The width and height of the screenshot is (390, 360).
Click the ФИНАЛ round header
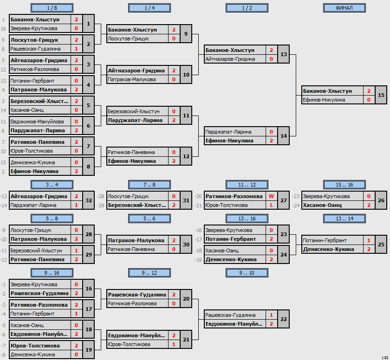coord(344,8)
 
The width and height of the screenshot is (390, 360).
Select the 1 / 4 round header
coord(149,8)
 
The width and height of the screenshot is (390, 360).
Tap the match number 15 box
coord(381,95)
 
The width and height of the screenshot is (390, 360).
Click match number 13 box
coord(284,54)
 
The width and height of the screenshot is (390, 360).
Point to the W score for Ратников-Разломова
coord(271,196)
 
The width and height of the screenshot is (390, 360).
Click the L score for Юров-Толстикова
coord(271,205)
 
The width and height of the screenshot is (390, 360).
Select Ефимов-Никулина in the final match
coord(324,100)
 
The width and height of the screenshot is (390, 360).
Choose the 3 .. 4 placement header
coord(52,185)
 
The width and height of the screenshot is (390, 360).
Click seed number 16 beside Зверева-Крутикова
coord(3,29)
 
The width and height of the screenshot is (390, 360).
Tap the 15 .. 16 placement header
coord(344,185)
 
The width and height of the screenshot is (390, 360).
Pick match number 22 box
coord(284,319)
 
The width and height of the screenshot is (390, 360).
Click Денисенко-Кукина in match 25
coord(329,249)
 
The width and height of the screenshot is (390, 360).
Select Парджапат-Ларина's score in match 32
coord(76,205)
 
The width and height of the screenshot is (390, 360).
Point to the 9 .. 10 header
coord(247,273)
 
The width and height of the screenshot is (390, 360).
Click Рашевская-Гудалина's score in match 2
coord(76,49)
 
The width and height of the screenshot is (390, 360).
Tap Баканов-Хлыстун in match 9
coord(133,30)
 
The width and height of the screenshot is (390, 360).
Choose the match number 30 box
coord(186,244)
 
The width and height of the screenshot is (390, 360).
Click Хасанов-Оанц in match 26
coord(322,205)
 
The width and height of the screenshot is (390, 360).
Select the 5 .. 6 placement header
coord(149,219)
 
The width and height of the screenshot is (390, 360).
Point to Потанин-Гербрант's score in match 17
coord(76,314)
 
